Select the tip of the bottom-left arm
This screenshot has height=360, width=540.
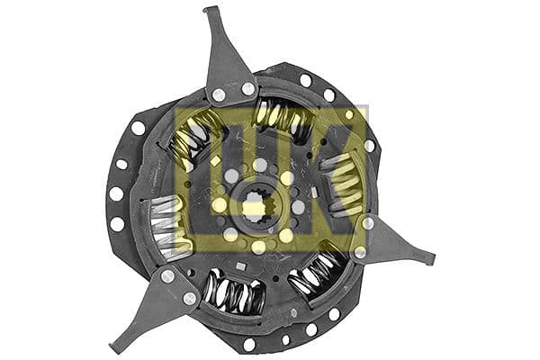click(114, 346)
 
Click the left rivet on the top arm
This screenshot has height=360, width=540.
click(219, 94)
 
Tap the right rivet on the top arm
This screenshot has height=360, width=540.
click(247, 88)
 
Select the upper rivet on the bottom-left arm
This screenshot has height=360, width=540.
click(167, 275)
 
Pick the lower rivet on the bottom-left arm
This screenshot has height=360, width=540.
click(190, 298)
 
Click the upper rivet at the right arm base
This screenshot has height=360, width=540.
click(367, 222)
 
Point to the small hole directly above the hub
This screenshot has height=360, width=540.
click(260, 165)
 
